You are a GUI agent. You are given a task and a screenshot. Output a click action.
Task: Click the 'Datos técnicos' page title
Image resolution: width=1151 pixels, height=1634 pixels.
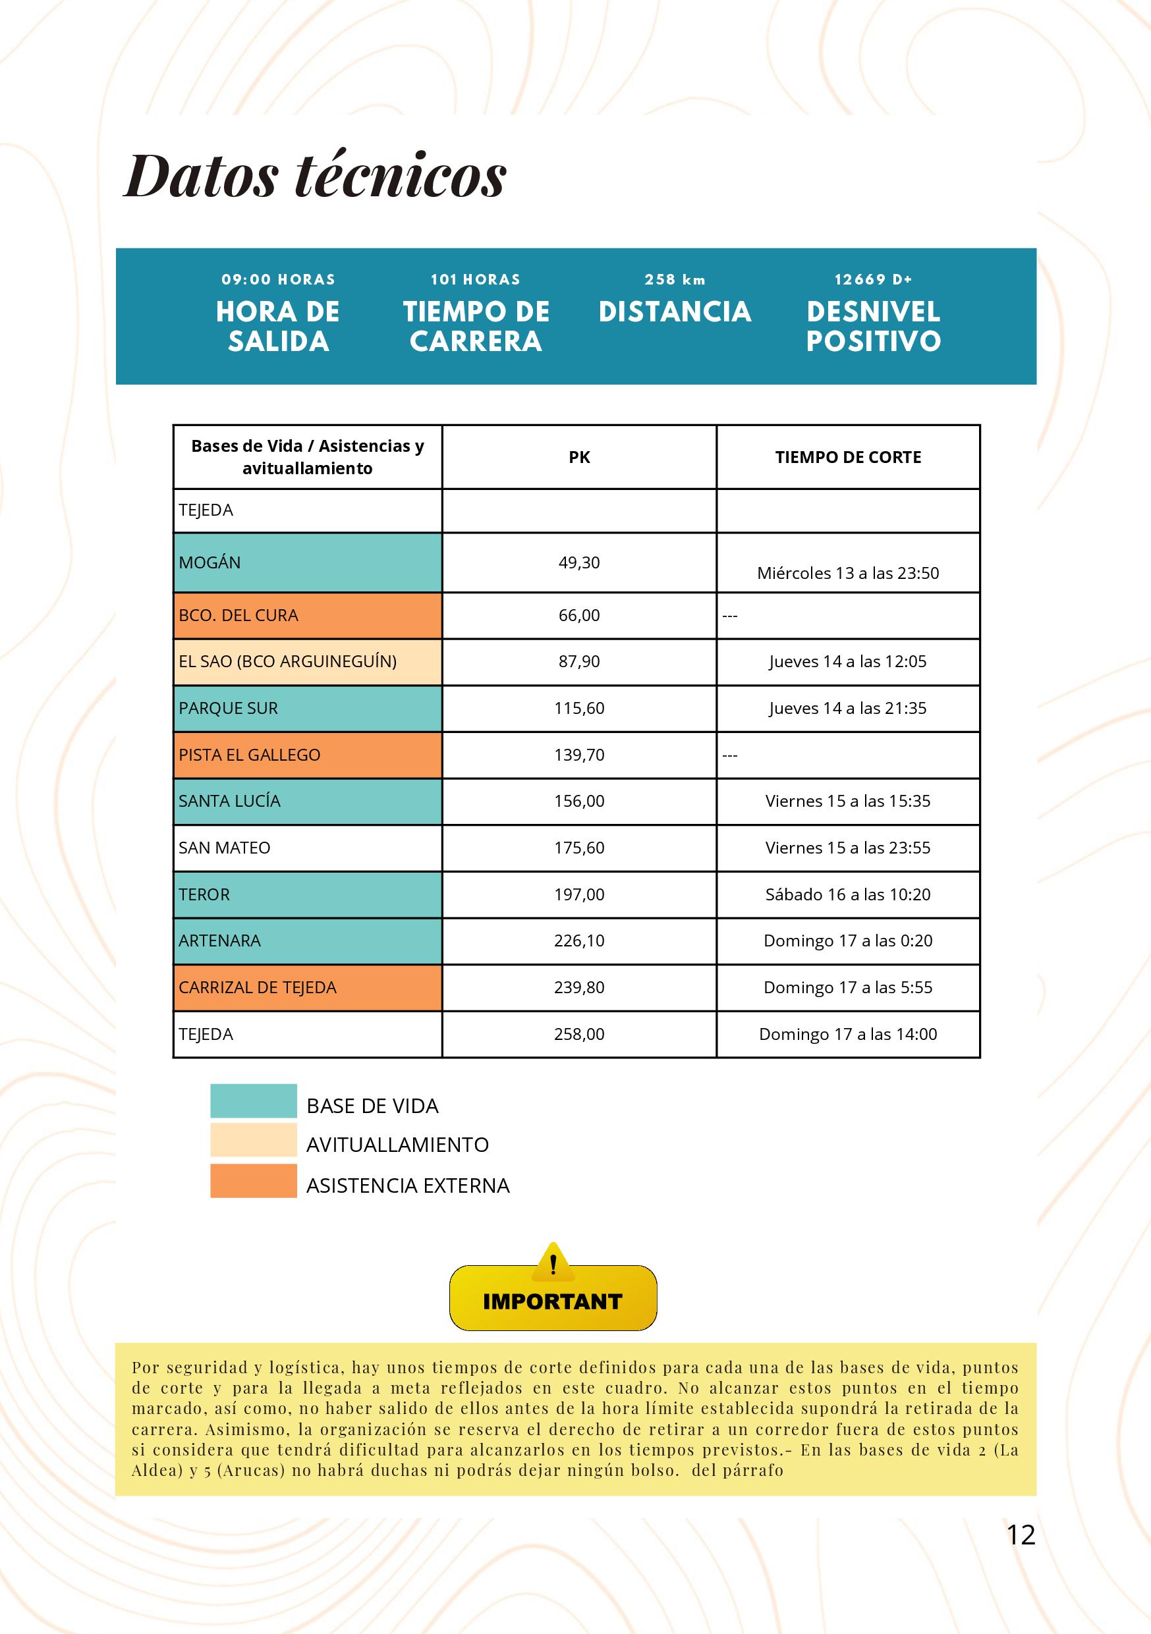[x=316, y=175]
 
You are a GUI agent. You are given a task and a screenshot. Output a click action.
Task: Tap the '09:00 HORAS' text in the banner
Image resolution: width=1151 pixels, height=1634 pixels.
[x=278, y=280]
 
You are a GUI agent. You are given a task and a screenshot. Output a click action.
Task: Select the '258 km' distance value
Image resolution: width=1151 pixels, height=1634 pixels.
[x=675, y=280]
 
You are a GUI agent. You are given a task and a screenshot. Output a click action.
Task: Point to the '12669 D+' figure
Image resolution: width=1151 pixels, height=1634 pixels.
[x=874, y=280]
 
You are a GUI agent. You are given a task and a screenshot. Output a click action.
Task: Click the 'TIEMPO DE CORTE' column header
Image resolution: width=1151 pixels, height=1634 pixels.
[x=848, y=457]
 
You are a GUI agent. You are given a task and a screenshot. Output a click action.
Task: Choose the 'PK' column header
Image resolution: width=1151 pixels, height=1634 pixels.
[x=578, y=457]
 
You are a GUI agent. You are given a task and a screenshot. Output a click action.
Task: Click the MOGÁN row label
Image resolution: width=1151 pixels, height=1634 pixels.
[x=210, y=562]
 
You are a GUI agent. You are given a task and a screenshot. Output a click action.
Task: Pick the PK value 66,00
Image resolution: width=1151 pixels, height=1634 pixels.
[x=578, y=615]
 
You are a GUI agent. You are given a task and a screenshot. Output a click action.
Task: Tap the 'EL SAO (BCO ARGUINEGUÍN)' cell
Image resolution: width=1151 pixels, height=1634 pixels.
[x=287, y=661]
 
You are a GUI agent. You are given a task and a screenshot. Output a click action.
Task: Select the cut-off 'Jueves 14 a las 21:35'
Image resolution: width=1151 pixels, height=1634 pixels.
[x=848, y=708]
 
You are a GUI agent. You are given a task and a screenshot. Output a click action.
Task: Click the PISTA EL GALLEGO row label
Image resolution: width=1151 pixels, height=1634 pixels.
[x=250, y=754]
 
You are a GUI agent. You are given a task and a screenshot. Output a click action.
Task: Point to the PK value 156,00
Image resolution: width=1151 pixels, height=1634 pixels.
[x=578, y=801]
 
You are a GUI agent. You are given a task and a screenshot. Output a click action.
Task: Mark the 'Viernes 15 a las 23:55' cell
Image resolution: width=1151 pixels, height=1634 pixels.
[x=848, y=848]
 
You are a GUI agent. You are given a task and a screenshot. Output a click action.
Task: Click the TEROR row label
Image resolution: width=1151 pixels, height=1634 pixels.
[x=204, y=894]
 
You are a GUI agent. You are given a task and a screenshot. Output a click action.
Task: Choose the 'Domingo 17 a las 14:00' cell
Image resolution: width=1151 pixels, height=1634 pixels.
[x=848, y=1034]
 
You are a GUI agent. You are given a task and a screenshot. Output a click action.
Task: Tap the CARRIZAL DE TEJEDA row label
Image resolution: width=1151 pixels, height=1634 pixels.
[x=258, y=987]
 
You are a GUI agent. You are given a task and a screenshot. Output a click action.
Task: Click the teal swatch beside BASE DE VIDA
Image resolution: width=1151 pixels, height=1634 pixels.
[x=254, y=1101]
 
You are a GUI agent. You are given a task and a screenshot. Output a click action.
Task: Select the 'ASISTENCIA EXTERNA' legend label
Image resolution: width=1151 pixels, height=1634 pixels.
[x=408, y=1185]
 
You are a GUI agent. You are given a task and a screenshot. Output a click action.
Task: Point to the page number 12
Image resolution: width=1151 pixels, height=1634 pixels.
[x=1021, y=1535]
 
